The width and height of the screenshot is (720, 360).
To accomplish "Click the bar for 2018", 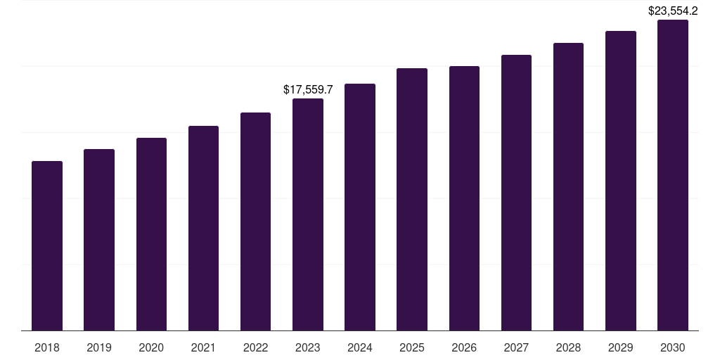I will pos(47,246).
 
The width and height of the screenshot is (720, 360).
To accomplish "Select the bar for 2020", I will pos(151,234).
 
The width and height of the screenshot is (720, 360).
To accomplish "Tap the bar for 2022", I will pos(255,221).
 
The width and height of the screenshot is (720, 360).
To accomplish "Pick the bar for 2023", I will pos(308,214).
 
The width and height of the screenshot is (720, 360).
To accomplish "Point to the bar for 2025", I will pos(412,200).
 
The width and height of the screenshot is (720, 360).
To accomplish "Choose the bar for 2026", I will pos(464,198).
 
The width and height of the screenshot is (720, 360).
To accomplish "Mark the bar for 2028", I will pos(568,187).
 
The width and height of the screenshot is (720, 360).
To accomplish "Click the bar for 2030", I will pos(673,175).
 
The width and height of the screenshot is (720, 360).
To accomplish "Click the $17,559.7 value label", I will pos(308,90).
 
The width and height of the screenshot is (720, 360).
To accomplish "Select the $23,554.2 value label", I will pos(673,11).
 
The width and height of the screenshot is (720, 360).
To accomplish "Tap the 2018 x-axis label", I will pos(47,348).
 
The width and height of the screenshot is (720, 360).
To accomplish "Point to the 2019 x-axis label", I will pos(99,348).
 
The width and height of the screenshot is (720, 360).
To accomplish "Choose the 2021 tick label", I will pos(203,348).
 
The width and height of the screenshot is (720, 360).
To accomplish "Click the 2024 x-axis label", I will pos(360,348).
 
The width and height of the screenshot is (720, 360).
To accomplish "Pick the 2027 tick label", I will pos(516,348).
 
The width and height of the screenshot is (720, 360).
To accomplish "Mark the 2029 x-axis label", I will pos(621,348).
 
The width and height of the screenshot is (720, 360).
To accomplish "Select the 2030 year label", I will pos(673,348).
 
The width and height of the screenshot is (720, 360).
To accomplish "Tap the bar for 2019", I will pos(99,240).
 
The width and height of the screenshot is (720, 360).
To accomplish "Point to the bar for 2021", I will pos(203,229).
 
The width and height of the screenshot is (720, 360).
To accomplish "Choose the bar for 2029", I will pos(621,181).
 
